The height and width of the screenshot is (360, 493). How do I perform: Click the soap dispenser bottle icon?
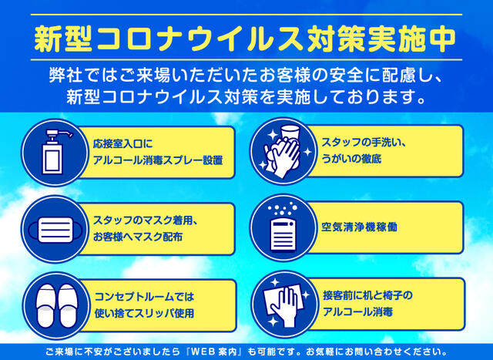52,152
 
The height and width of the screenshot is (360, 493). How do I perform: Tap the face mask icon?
55,230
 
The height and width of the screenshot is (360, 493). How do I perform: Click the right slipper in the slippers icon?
68,306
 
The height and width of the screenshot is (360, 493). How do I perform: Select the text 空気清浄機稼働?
359,227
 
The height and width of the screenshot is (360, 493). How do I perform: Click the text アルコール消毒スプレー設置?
158,160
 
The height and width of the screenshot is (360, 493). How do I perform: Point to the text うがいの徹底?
351,159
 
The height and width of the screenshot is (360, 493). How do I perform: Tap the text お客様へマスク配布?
137,237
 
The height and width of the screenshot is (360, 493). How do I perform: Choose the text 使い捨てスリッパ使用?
144,313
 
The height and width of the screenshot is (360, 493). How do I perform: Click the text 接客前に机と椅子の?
367,295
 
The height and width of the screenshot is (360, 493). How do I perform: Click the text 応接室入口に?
122,144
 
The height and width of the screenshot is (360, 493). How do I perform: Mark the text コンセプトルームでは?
144,297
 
